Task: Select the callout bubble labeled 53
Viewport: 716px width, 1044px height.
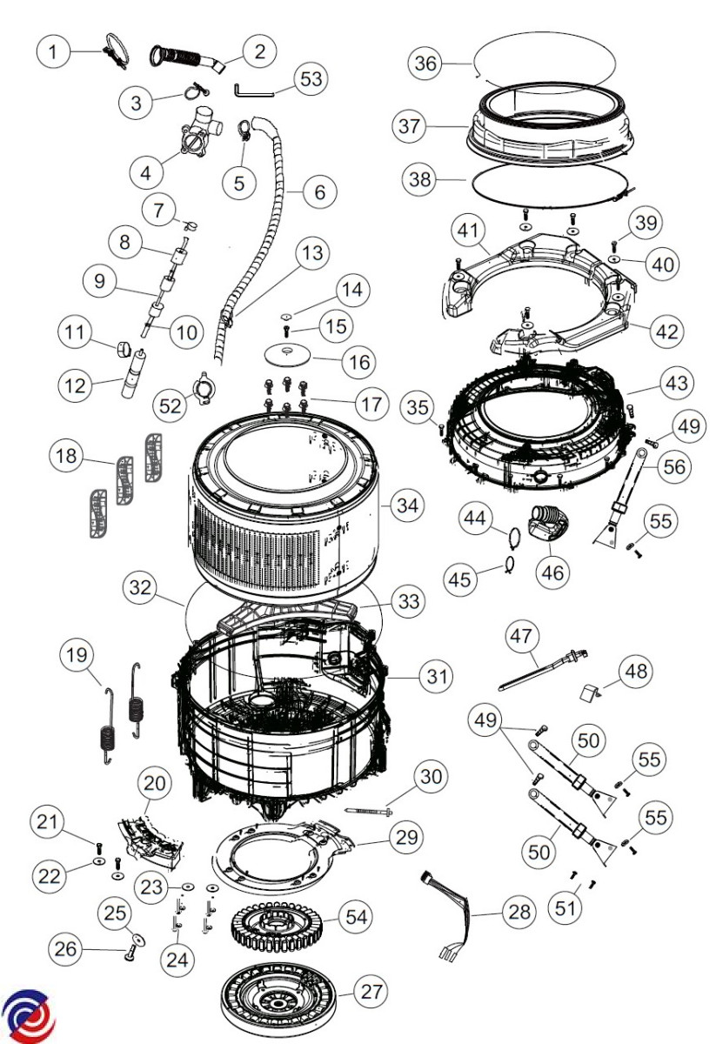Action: click(x=309, y=79)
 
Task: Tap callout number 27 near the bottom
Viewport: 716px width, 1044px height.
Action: click(x=371, y=992)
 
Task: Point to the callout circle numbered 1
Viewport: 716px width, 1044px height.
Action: click(x=54, y=52)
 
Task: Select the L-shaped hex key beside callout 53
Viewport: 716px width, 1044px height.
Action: click(x=252, y=89)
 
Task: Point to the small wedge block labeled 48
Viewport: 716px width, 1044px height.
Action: click(x=592, y=693)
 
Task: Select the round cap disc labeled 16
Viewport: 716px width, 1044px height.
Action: click(x=287, y=352)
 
